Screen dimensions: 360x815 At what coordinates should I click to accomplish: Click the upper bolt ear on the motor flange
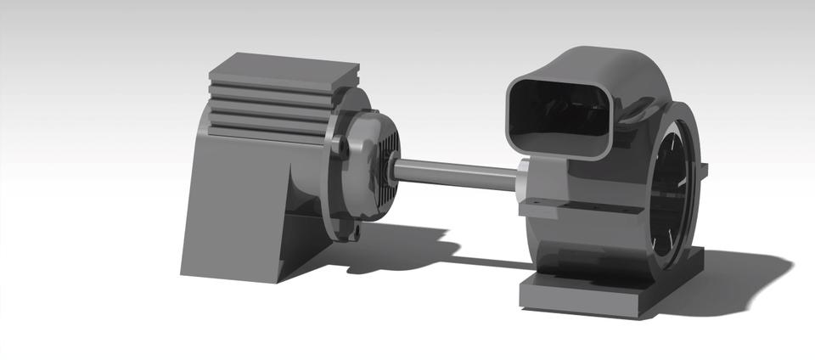[x=343, y=146]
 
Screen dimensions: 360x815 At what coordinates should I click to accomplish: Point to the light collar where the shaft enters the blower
[x=523, y=181]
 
